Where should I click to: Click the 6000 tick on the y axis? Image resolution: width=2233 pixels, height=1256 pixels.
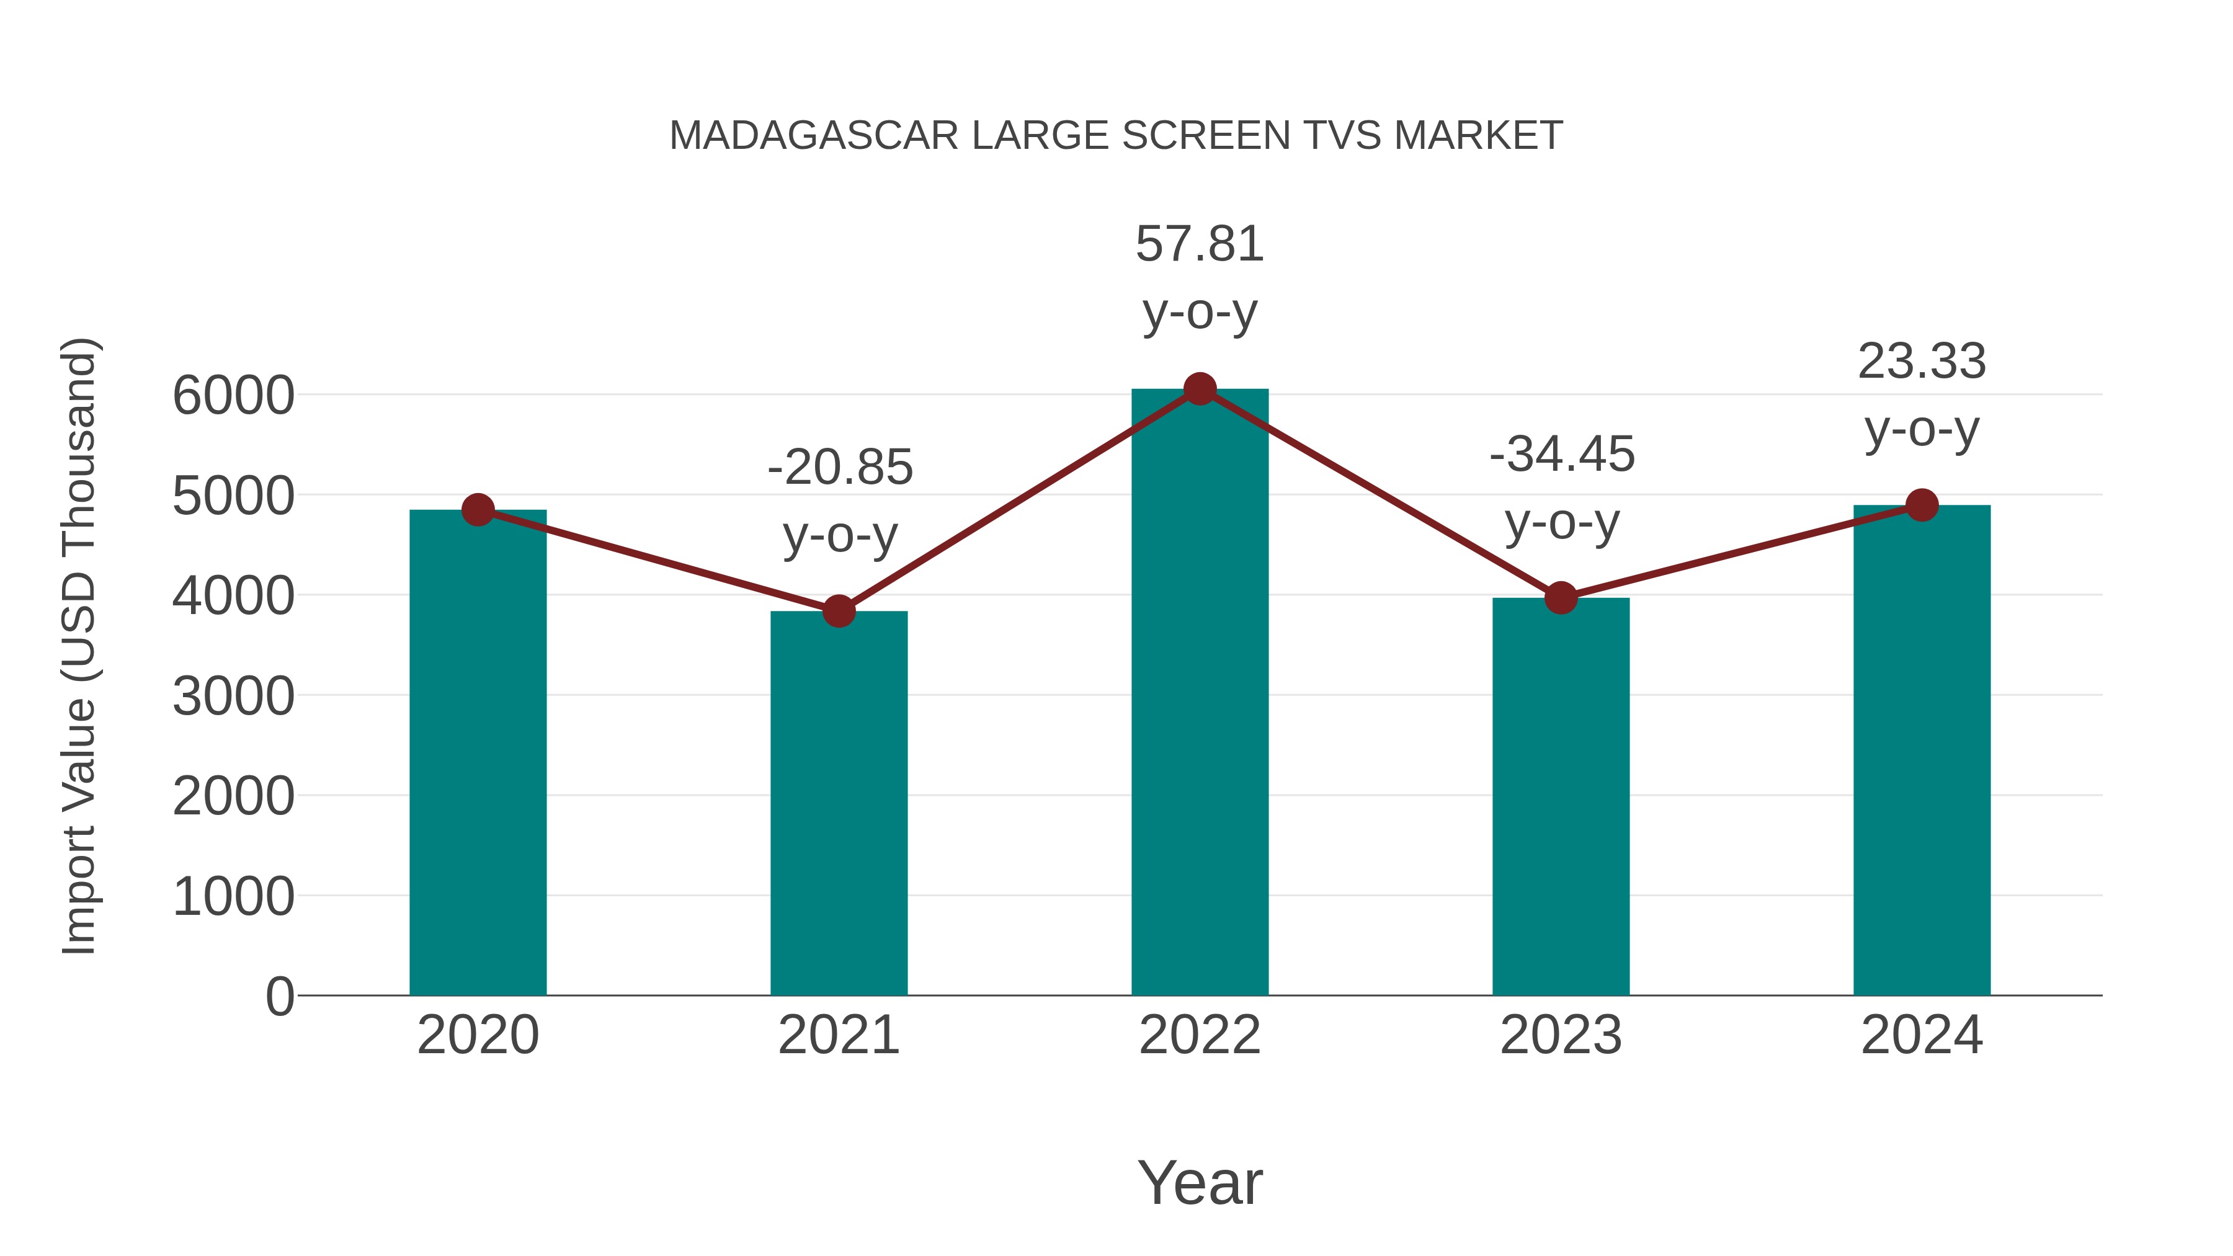(x=233, y=396)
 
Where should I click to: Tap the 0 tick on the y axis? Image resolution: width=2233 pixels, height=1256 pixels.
(x=279, y=996)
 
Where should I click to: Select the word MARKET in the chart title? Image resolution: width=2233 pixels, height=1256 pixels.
(x=1478, y=136)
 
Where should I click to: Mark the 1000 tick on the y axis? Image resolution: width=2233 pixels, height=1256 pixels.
(x=233, y=896)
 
